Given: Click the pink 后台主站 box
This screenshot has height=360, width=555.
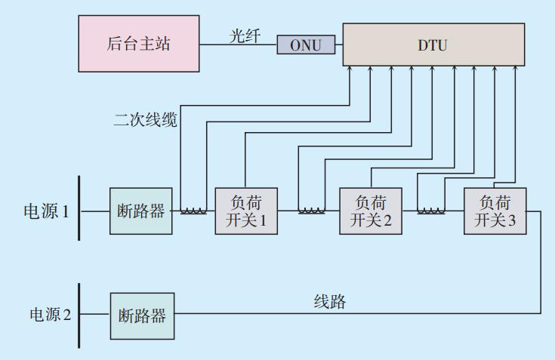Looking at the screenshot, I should pyautogui.click(x=140, y=43).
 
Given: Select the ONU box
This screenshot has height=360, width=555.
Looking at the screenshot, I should pyautogui.click(x=306, y=45).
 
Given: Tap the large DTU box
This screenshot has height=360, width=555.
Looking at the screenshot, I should pyautogui.click(x=433, y=45).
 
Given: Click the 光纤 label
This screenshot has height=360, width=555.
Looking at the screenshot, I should pyautogui.click(x=245, y=36).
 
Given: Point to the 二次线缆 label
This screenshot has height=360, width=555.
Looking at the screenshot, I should pyautogui.click(x=146, y=119).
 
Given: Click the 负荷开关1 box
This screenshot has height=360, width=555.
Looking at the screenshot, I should pyautogui.click(x=246, y=211).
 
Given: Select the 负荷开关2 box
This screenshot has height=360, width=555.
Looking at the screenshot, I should pyautogui.click(x=370, y=211).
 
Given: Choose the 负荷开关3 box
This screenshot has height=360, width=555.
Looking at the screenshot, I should pyautogui.click(x=495, y=211).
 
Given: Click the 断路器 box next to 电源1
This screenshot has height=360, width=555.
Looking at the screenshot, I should pyautogui.click(x=141, y=211).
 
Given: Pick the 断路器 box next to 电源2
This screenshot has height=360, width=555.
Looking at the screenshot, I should pyautogui.click(x=142, y=315).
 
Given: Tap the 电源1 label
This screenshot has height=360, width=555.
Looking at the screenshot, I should pyautogui.click(x=47, y=211).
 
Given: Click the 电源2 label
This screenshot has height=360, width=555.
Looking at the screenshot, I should pyautogui.click(x=50, y=314).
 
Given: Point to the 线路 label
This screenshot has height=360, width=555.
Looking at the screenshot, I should pyautogui.click(x=330, y=302).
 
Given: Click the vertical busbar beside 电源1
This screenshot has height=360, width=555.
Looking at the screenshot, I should pyautogui.click(x=79, y=208).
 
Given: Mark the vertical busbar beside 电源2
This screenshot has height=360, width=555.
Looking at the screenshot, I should pyautogui.click(x=79, y=315).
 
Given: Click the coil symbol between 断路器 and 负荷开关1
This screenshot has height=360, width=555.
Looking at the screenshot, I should pyautogui.click(x=193, y=211).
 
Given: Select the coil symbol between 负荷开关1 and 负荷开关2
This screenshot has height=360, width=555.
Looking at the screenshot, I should pyautogui.click(x=311, y=211).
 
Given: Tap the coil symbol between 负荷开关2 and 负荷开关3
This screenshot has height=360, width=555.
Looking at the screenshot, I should pyautogui.click(x=430, y=211).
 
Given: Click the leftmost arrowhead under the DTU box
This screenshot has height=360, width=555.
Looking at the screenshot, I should pyautogui.click(x=350, y=70).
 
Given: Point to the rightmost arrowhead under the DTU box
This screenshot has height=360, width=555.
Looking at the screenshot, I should pyautogui.click(x=514, y=70).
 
